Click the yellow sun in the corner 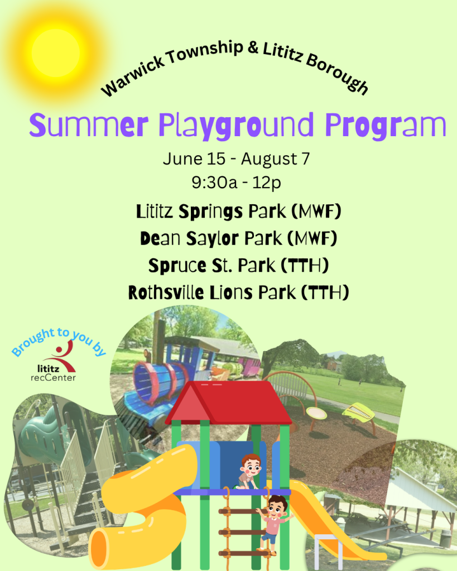click(x=56, y=53)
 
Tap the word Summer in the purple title click(x=89, y=125)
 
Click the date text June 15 click(x=194, y=159)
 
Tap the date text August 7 click(x=275, y=159)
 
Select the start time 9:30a click(x=214, y=183)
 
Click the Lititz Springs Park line click(x=238, y=212)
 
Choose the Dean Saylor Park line click(x=238, y=238)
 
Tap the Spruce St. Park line click(x=238, y=266)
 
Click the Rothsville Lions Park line click(x=238, y=292)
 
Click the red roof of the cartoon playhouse click(x=229, y=402)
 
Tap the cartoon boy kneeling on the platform click(x=249, y=471)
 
